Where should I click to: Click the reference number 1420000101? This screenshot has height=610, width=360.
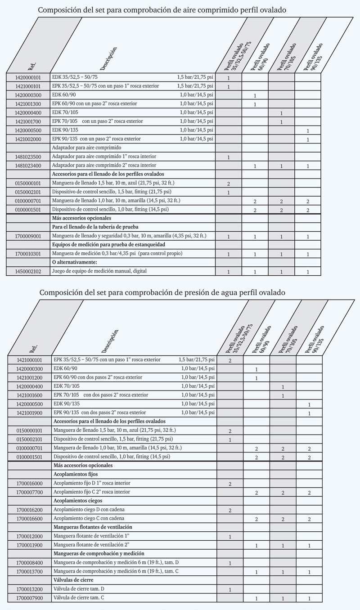pyautogui.click(x=28, y=77)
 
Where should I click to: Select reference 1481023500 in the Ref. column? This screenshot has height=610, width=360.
pyautogui.click(x=28, y=157)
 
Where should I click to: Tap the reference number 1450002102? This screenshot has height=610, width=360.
pyautogui.click(x=28, y=271)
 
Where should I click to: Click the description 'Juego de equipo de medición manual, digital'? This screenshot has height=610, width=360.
pyautogui.click(x=99, y=271)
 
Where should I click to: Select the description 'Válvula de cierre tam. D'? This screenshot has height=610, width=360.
pyautogui.click(x=79, y=588)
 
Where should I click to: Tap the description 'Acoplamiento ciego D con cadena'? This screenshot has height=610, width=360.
pyautogui.click(x=89, y=509)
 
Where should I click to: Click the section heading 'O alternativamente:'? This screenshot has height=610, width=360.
pyautogui.click(x=75, y=262)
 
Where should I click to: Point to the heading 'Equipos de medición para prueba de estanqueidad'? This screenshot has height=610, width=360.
pyautogui.click(x=108, y=244)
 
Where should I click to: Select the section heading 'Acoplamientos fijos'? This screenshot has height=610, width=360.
pyautogui.click(x=76, y=474)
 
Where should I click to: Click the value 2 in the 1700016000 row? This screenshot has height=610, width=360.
pyautogui.click(x=230, y=484)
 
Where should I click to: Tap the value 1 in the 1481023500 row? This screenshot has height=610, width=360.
pyautogui.click(x=229, y=157)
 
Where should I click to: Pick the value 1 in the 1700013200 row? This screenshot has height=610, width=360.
pyautogui.click(x=230, y=589)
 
